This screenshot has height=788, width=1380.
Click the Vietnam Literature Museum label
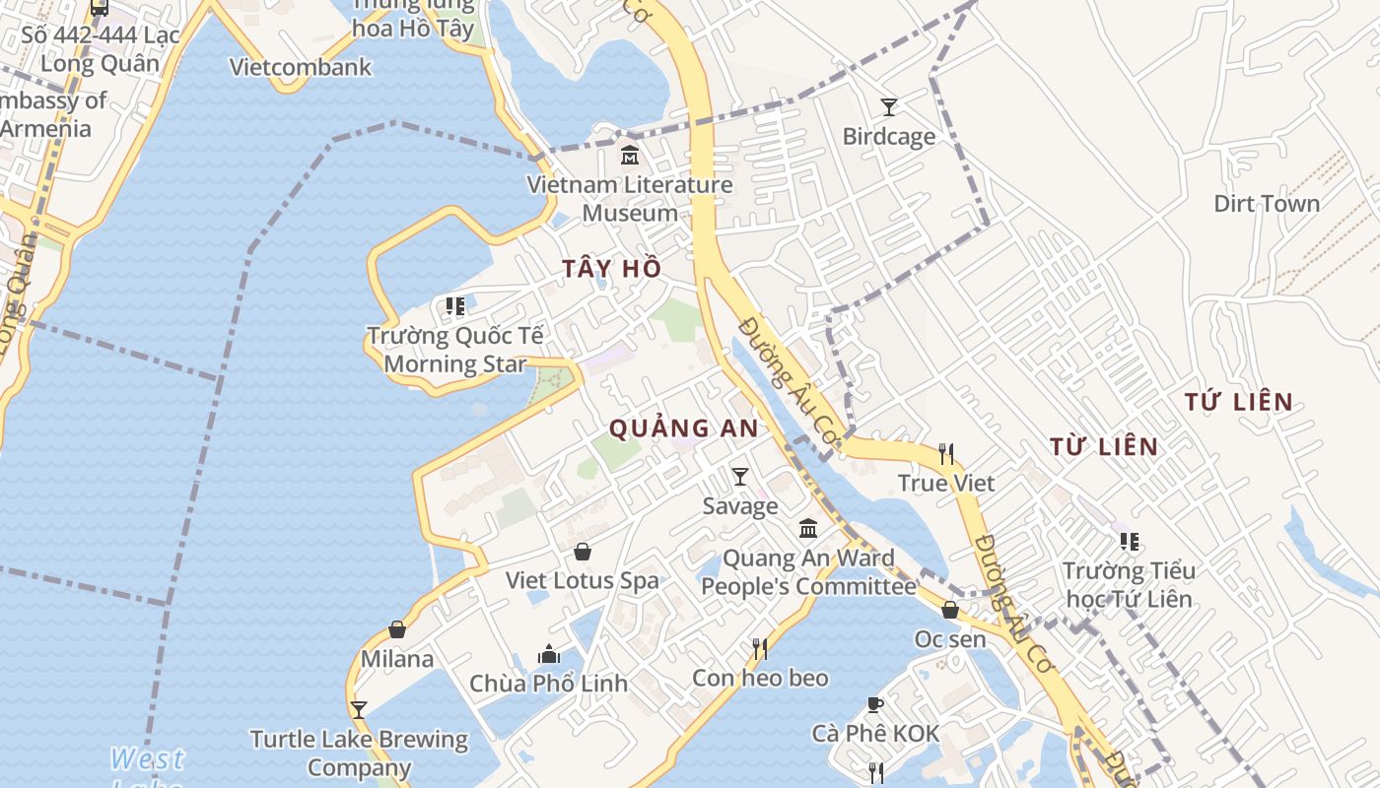[x=630, y=199]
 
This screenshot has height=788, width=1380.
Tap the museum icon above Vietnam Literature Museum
[x=630, y=156]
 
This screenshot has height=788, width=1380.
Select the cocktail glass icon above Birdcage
[x=888, y=106]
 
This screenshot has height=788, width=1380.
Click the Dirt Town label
[x=1266, y=204]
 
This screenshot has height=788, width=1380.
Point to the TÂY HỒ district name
[x=611, y=269]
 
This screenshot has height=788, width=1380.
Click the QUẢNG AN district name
[x=683, y=428]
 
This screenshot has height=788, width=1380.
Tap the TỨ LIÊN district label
[x=1238, y=402]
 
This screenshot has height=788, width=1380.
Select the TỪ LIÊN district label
[x=1103, y=447]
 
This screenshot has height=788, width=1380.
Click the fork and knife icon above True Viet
[x=946, y=454]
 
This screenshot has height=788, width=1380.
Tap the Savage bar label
[x=740, y=506]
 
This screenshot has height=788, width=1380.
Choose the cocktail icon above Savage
[x=740, y=477]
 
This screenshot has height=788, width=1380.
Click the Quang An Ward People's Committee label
[x=808, y=572]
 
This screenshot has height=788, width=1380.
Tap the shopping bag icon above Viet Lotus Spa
[x=583, y=552]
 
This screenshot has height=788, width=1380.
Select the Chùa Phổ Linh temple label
[x=548, y=684]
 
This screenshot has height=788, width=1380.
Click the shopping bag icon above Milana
[x=397, y=629]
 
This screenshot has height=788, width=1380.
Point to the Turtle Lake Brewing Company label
[x=359, y=753]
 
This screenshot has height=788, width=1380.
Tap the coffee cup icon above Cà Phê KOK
[x=874, y=704]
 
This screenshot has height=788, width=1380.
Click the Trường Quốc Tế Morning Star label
[x=454, y=350]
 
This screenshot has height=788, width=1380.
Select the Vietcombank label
[x=301, y=67]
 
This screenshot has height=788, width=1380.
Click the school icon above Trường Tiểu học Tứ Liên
[x=1129, y=542]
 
